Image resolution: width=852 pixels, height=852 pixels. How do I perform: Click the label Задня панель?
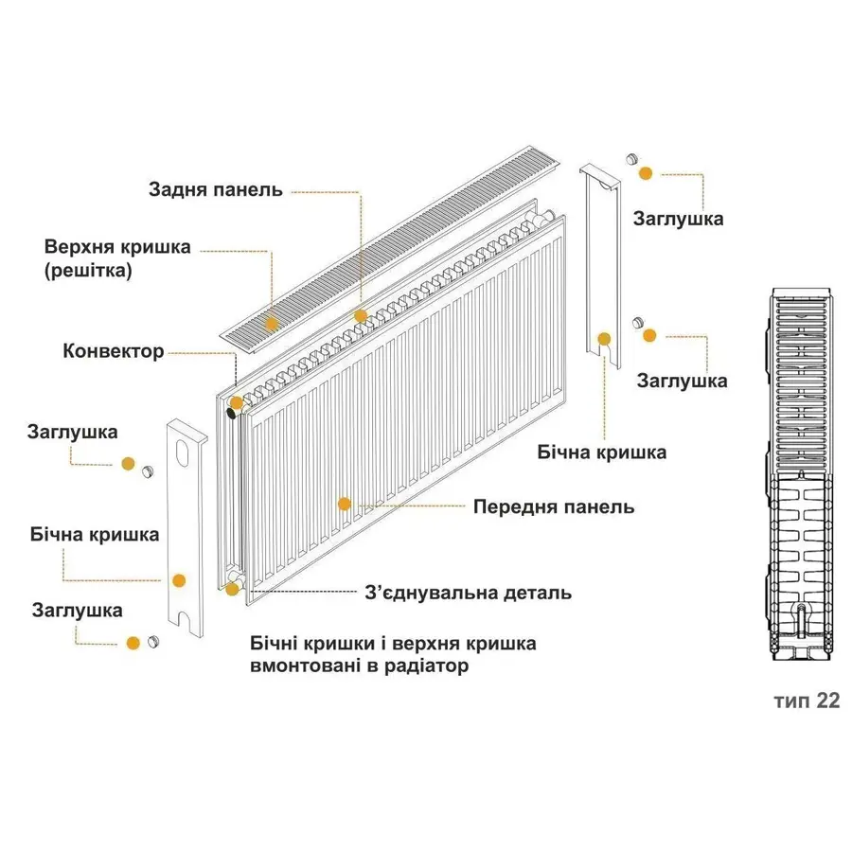point(215,189)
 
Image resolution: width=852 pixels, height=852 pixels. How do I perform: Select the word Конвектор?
point(114,351)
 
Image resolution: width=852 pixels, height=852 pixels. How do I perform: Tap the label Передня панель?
point(553,506)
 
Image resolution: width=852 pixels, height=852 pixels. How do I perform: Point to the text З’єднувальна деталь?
point(468,594)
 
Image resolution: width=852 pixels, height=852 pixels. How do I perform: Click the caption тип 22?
point(806,701)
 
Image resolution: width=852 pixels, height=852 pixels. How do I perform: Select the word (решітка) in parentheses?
point(88,271)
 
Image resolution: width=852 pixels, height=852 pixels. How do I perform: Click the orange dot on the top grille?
point(272,324)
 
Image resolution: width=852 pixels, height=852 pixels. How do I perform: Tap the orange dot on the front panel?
point(345,504)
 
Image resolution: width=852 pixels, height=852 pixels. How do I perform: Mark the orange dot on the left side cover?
point(178,579)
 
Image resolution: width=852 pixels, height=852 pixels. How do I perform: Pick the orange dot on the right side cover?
point(602,338)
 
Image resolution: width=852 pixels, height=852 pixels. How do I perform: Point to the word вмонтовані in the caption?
point(303,666)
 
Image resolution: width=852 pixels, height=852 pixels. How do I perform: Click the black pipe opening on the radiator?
point(232,413)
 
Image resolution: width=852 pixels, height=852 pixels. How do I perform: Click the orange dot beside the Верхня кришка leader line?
point(272,324)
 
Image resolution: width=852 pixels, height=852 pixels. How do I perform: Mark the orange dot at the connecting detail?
point(232,590)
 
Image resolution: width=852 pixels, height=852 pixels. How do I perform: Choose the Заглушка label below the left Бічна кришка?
point(77,611)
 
